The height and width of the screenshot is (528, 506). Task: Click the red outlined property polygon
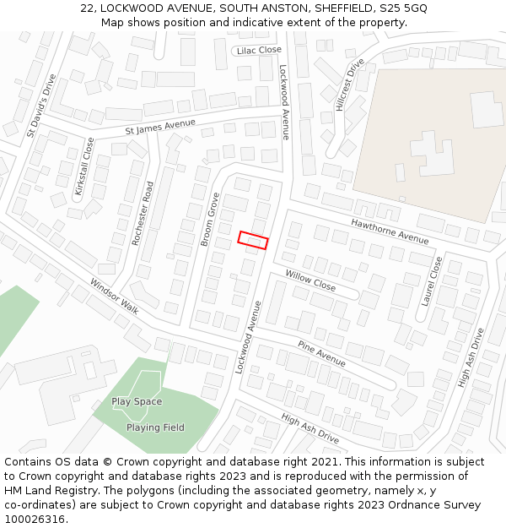click(x=253, y=240)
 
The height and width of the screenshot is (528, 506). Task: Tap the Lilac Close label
click(x=259, y=51)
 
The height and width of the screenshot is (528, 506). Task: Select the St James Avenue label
click(x=160, y=127)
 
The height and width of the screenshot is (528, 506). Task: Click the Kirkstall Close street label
click(x=84, y=166)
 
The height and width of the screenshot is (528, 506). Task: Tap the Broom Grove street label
click(x=210, y=220)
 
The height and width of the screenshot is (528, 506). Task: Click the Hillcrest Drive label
click(x=349, y=84)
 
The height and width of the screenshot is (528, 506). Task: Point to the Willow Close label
click(x=310, y=281)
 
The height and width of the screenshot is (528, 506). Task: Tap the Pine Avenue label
click(x=321, y=353)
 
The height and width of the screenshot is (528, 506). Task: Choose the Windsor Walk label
click(x=114, y=296)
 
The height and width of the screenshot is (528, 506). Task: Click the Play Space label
click(x=137, y=401)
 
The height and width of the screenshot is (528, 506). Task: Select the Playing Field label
click(x=155, y=427)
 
